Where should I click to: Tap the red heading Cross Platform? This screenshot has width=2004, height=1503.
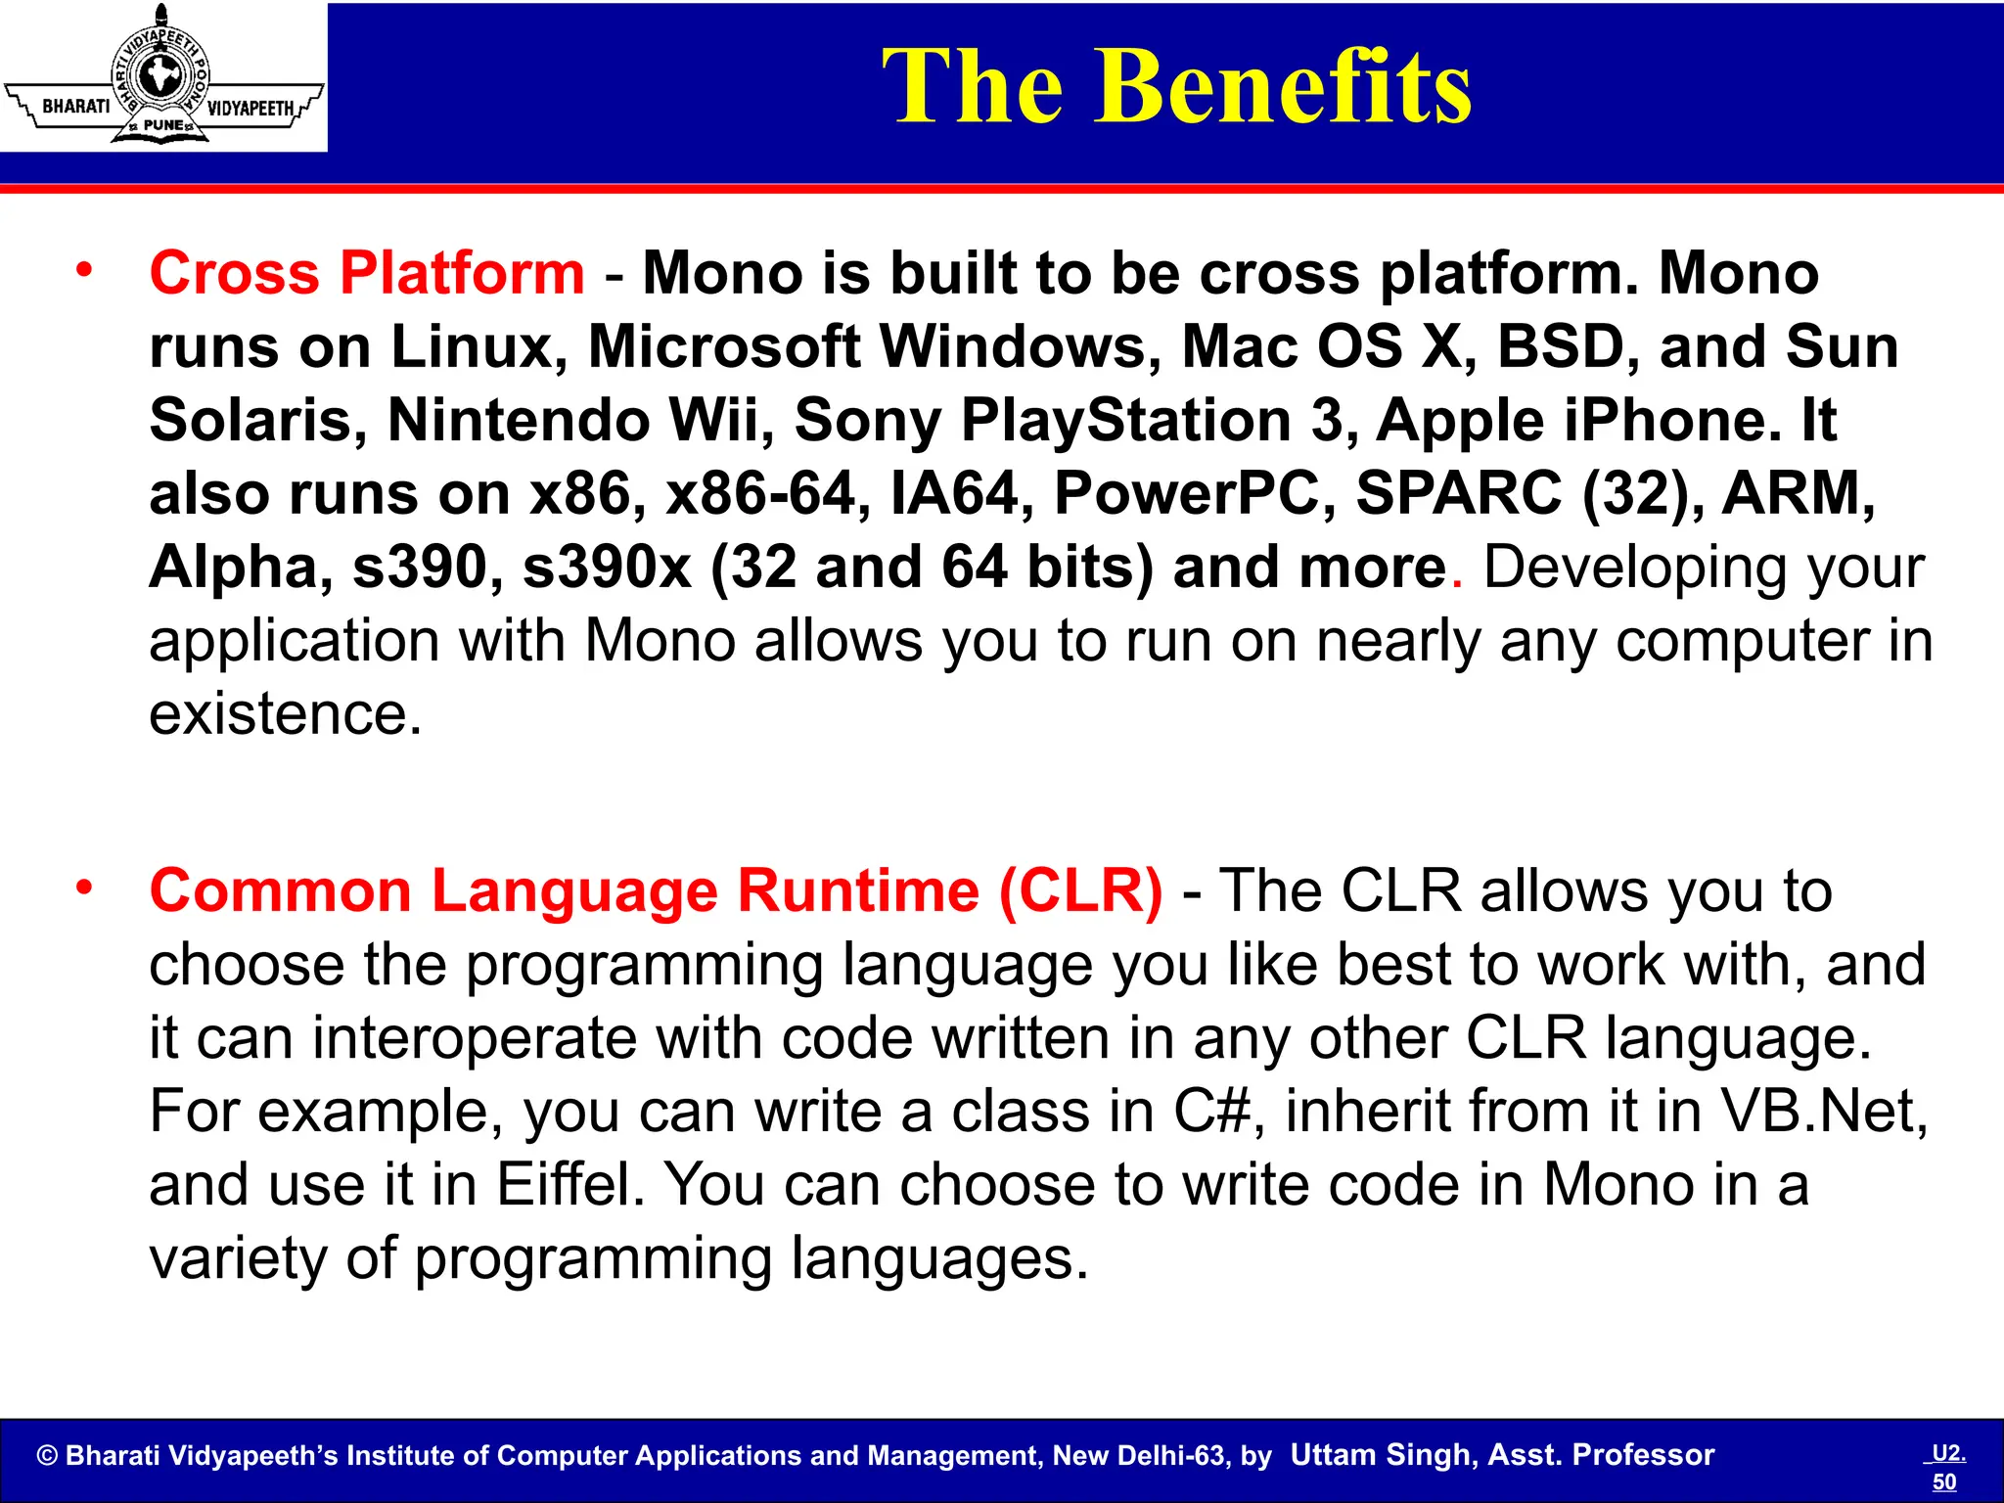(x=367, y=273)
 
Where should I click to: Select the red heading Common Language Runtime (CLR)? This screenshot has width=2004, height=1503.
(x=656, y=891)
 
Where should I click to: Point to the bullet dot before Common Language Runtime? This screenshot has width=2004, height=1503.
(x=85, y=887)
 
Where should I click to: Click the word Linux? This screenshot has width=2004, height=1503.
(x=478, y=346)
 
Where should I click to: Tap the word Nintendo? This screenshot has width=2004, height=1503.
(x=519, y=420)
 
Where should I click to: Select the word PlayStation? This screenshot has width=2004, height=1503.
(x=1125, y=420)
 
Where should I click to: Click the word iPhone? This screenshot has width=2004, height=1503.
(x=1671, y=420)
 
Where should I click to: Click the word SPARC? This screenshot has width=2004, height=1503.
(x=1458, y=493)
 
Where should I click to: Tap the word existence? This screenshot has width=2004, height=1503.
(x=284, y=714)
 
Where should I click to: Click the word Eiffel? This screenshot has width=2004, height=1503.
(x=570, y=1185)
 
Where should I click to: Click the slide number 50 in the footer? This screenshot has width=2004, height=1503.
(x=1944, y=1481)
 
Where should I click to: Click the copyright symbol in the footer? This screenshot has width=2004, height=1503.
(x=47, y=1456)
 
